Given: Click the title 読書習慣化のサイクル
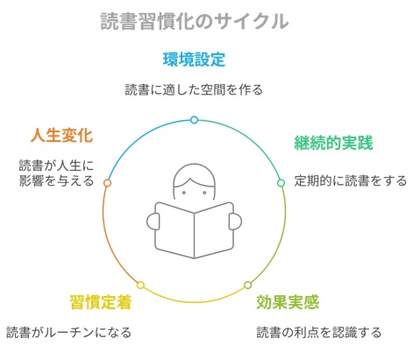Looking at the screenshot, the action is click(195, 21).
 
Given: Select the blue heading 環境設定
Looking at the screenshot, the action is click(194, 60).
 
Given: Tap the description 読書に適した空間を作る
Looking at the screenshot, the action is click(194, 89).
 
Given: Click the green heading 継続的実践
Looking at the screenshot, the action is click(333, 143).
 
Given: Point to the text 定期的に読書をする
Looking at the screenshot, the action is click(350, 180).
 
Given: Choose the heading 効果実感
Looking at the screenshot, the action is click(288, 302).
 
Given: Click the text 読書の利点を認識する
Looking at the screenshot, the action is click(319, 332).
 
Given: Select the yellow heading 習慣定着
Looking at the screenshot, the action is click(101, 302).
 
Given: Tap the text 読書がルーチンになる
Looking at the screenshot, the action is click(68, 332).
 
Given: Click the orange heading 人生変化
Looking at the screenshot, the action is click(61, 135).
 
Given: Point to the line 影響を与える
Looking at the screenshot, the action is click(56, 180).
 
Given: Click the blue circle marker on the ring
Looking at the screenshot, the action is click(194, 120).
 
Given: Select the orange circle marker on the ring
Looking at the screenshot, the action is click(107, 183).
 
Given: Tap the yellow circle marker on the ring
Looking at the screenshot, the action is click(140, 285).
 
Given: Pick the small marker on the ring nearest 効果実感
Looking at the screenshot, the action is click(247, 285).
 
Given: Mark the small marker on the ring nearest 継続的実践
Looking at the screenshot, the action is click(281, 183).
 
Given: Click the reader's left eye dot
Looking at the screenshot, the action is click(184, 193).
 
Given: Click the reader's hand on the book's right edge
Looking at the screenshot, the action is click(235, 222).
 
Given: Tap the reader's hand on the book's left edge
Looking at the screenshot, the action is click(153, 222).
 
